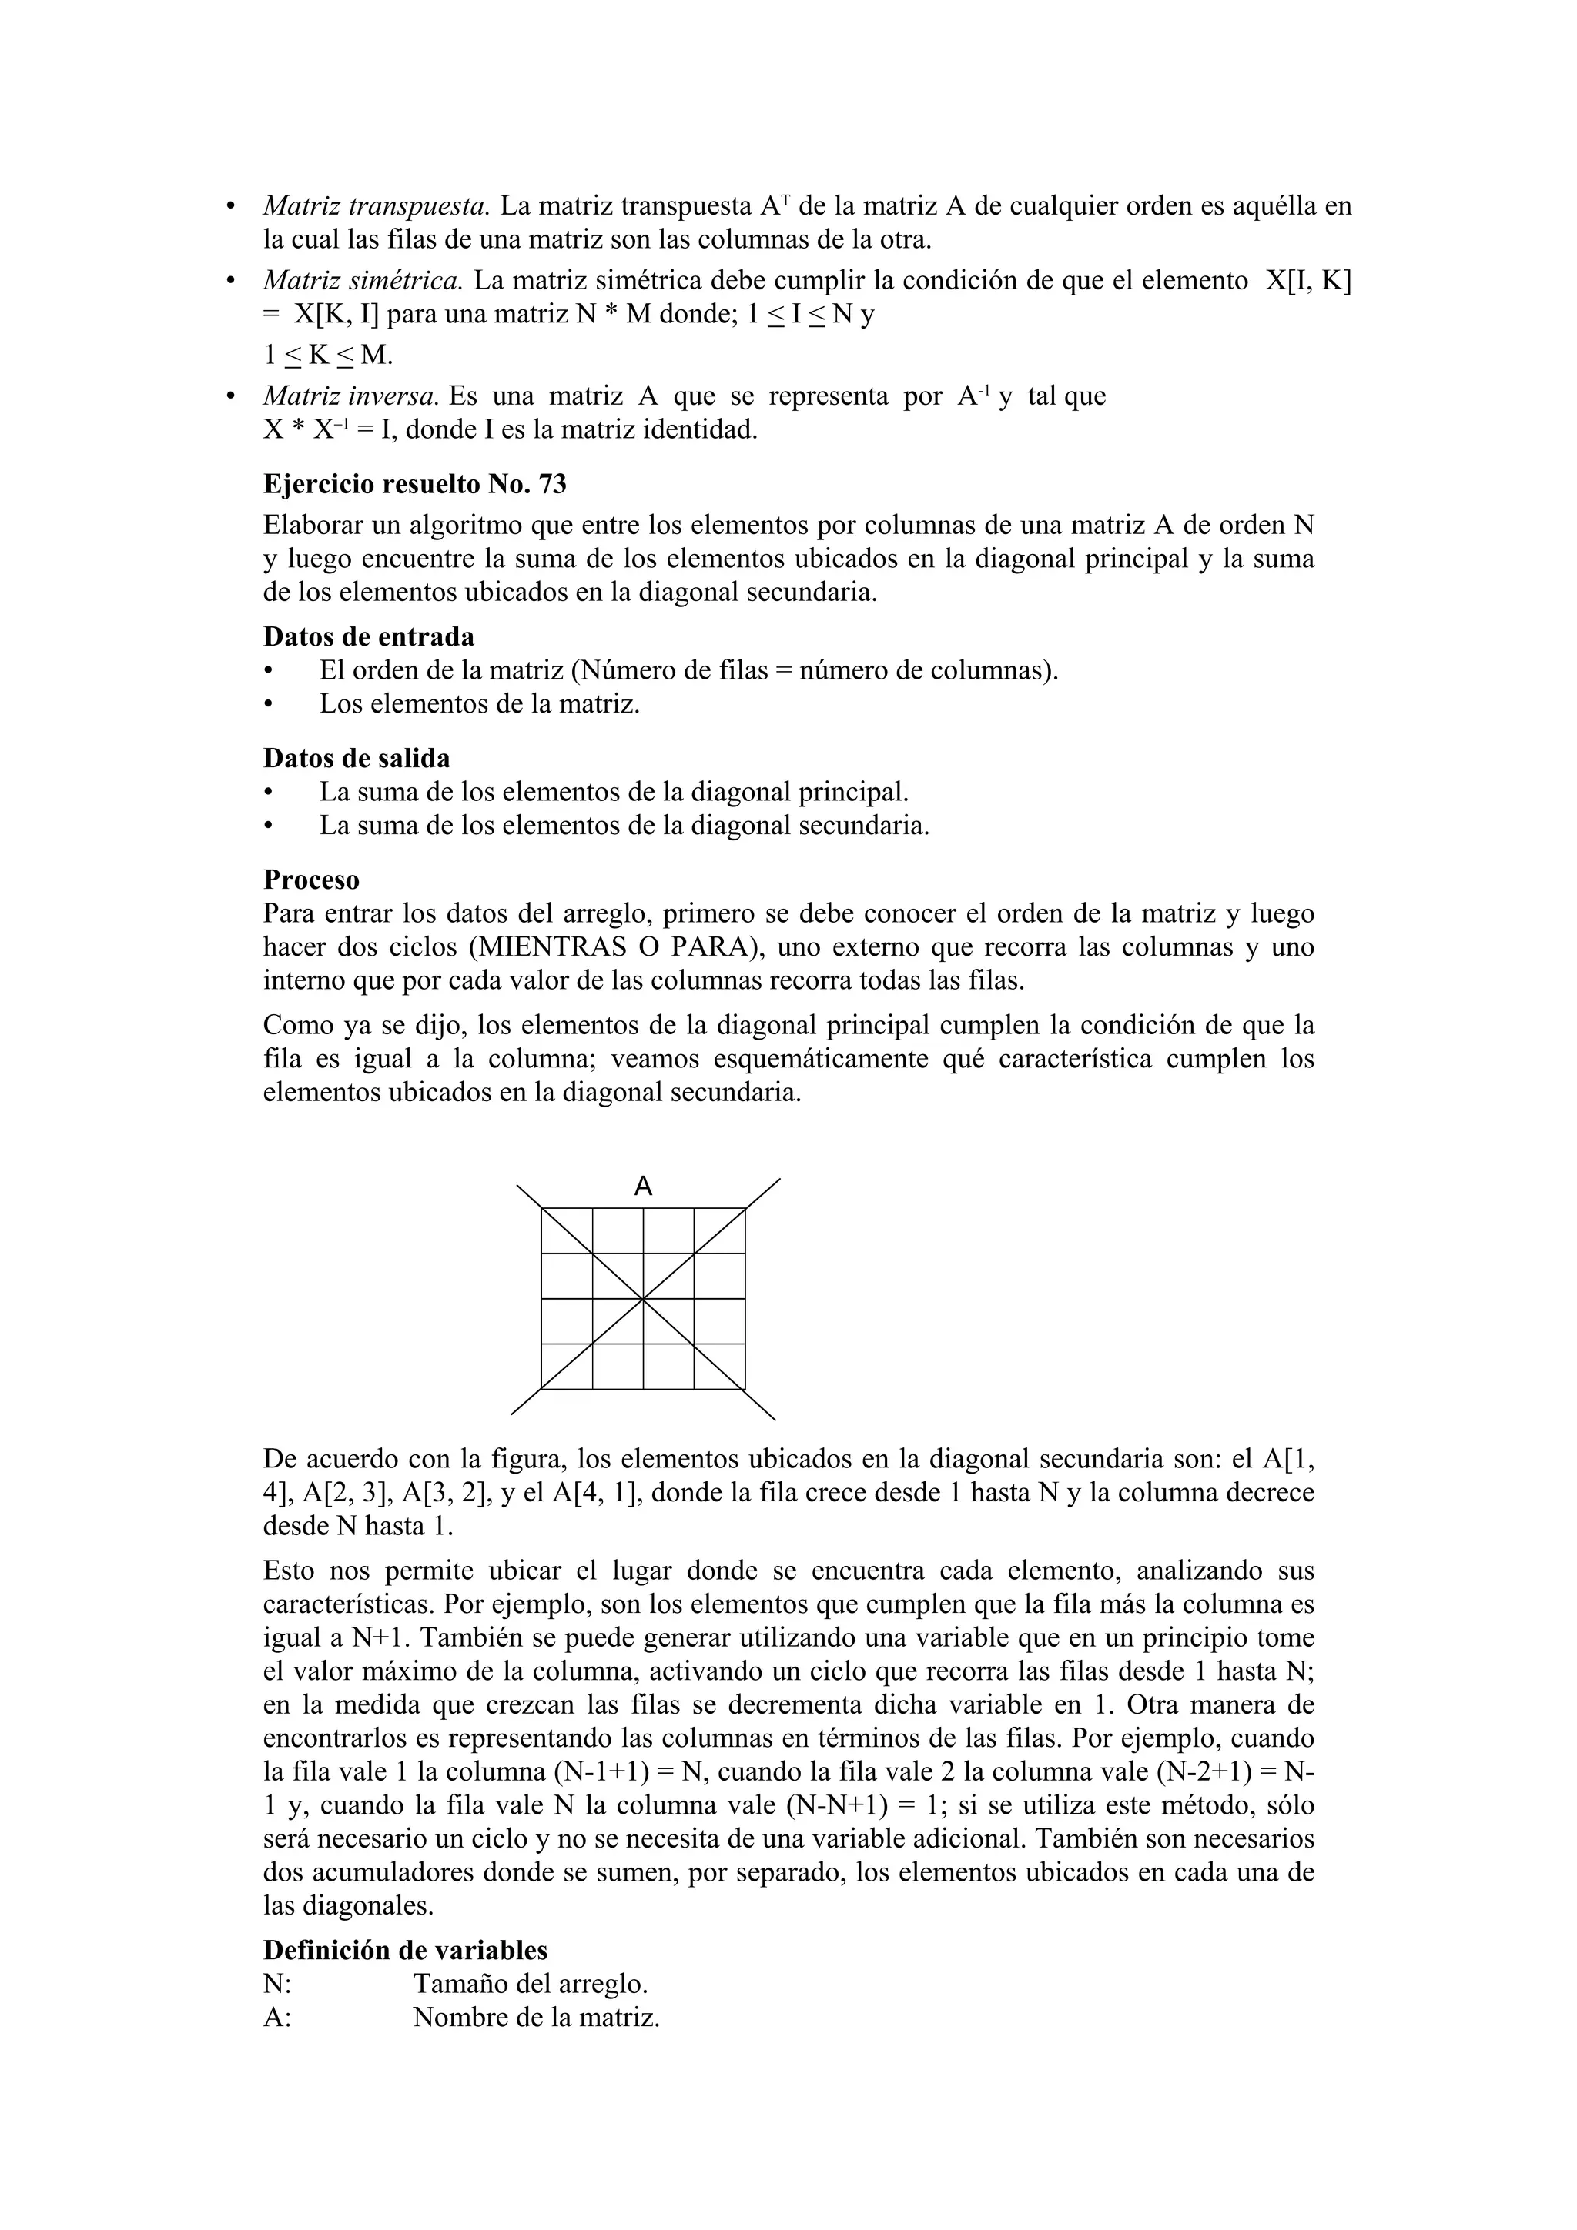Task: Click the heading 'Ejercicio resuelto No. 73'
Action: pyautogui.click(x=415, y=484)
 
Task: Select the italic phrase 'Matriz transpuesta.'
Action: pyautogui.click(x=375, y=206)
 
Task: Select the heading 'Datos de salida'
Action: pyautogui.click(x=357, y=758)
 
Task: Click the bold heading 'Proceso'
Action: pyautogui.click(x=311, y=880)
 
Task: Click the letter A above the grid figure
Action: pyautogui.click(x=643, y=1186)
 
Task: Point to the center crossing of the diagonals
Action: pyautogui.click(x=643, y=1299)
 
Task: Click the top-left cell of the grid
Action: pyautogui.click(x=567, y=1230)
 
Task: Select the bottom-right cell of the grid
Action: pyautogui.click(x=720, y=1367)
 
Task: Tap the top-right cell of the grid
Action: pyautogui.click(x=720, y=1230)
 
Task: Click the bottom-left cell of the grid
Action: pyautogui.click(x=567, y=1367)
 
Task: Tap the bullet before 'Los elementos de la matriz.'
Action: pyautogui.click(x=270, y=704)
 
